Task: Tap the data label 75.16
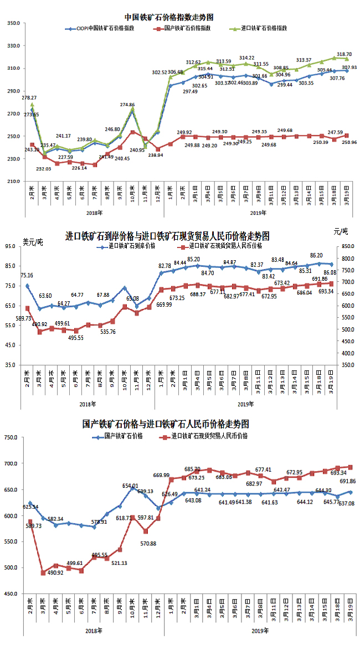(27, 275)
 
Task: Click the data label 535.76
(105, 332)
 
